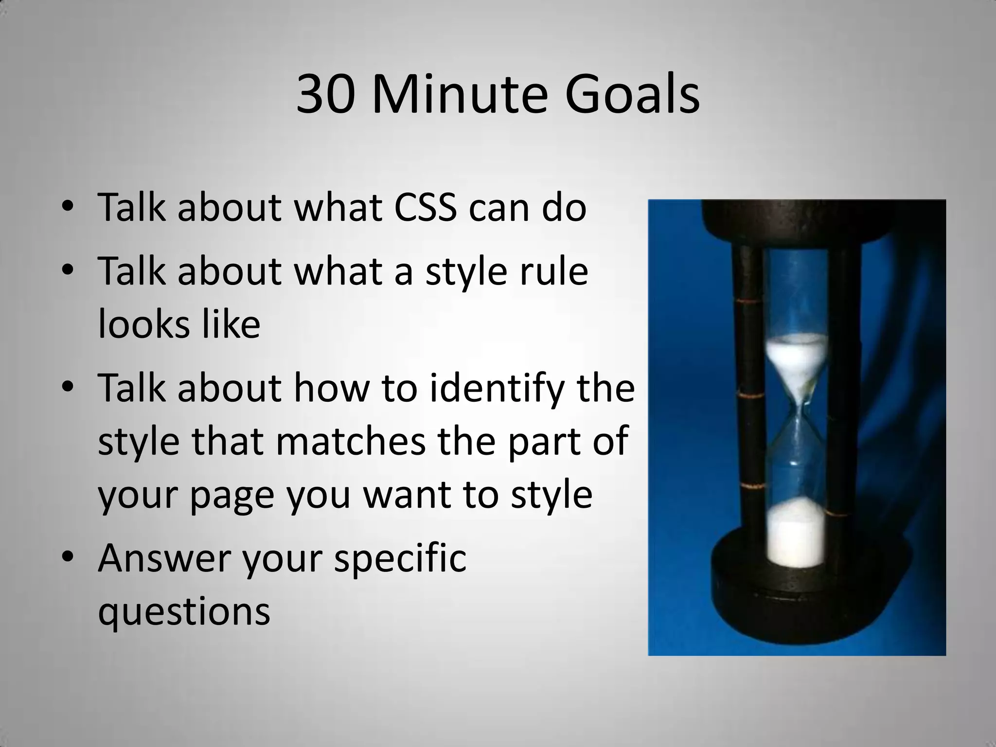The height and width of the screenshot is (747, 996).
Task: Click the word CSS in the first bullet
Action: (425, 208)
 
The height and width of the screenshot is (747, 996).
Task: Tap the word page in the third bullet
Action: (232, 495)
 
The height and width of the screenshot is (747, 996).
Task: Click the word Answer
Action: (164, 558)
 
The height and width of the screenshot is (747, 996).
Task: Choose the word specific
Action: (400, 558)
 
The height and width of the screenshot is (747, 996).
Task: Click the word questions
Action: (184, 611)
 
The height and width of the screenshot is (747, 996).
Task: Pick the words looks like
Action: (179, 324)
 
